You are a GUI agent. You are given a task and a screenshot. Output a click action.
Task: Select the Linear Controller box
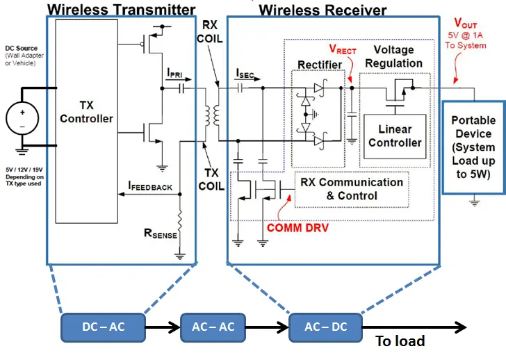(x=395, y=136)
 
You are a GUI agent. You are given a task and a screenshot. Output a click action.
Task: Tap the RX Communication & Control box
(x=351, y=188)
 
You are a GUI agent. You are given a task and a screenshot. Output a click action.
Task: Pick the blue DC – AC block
(x=103, y=326)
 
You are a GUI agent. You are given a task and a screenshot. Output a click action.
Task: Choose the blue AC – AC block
(x=213, y=326)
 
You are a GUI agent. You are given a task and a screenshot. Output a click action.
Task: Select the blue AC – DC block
(x=325, y=326)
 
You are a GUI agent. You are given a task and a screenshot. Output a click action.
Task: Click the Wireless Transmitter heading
(x=121, y=10)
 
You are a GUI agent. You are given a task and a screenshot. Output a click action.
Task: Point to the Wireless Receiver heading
(x=323, y=10)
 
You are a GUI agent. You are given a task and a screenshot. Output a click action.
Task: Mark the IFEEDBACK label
(x=150, y=186)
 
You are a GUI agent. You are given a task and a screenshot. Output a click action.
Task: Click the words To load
(x=400, y=341)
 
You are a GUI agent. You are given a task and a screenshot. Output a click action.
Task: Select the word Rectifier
(x=320, y=65)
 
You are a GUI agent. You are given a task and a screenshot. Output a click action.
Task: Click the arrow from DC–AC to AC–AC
(x=162, y=326)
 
